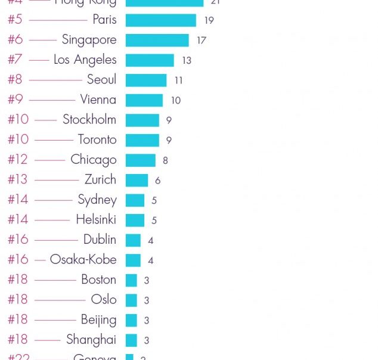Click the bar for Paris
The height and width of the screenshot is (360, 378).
160,20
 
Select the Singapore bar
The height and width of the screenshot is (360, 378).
157,40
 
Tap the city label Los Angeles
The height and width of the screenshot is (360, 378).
85,60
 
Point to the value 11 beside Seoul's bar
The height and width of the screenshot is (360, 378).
178,80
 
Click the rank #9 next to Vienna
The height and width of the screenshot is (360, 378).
15,100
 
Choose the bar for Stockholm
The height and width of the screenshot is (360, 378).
142,120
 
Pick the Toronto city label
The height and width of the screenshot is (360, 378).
97,139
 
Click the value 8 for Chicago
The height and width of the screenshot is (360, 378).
165,160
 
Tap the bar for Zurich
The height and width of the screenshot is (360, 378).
137,180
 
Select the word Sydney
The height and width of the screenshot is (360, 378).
97,200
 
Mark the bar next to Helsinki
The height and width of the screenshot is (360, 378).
135,220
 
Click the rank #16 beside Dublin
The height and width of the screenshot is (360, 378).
18,240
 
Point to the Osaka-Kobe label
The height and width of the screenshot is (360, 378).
83,259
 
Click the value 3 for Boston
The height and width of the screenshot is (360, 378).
147,280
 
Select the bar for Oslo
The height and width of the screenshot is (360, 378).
131,300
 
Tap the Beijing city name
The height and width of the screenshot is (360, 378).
98,320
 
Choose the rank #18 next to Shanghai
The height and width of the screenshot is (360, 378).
18,340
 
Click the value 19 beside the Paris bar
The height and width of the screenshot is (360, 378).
209,21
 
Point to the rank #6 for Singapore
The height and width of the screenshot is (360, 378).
15,40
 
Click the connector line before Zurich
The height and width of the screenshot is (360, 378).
57,179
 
